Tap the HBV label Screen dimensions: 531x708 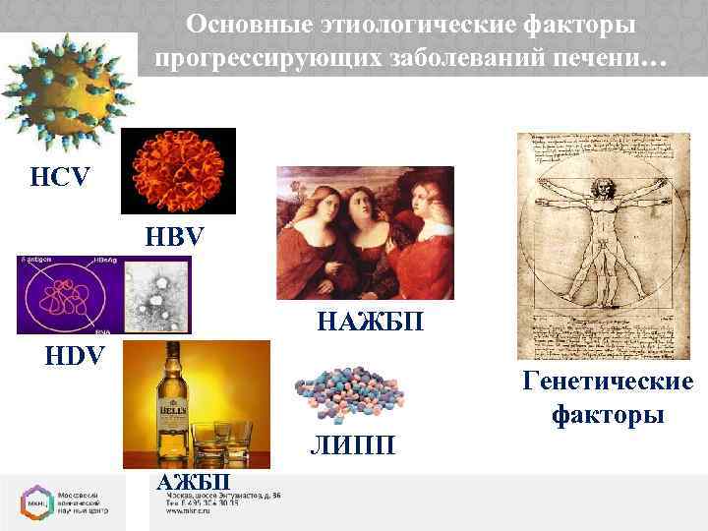point(176,237)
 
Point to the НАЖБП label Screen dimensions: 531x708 point(371,320)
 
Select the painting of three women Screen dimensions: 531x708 point(365,233)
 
